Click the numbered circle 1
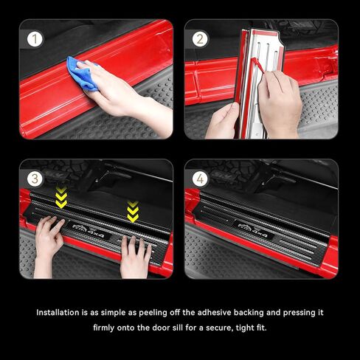(35, 39)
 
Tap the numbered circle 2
(200, 39)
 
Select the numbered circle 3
(35, 178)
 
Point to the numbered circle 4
(200, 178)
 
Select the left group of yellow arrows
(61, 198)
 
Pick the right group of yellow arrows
(133, 212)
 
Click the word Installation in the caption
(60, 312)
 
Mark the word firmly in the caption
(108, 328)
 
